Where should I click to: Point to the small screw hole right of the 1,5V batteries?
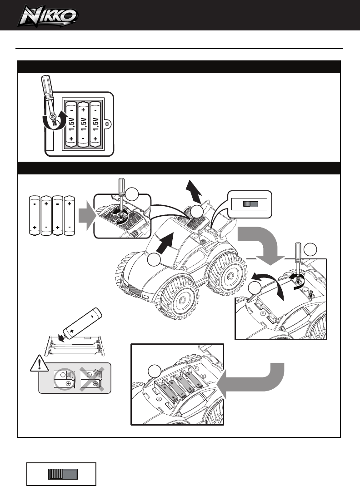[x=107, y=123]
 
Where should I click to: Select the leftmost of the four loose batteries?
[x=35, y=215]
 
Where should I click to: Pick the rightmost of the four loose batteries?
[x=70, y=215]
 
